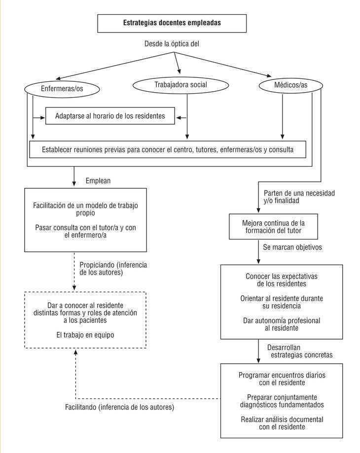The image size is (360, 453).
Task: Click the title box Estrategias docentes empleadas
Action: pos(172,23)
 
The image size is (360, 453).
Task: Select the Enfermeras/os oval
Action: pos(62,89)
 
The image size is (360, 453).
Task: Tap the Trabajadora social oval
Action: pos(180,85)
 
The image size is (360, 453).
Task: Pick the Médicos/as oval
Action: pos(291,85)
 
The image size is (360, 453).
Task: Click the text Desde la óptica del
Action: pos(172,44)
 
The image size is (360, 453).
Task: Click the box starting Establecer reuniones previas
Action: pos(167,150)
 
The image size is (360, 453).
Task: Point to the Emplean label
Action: pos(98,181)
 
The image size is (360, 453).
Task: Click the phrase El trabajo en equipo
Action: pos(85,335)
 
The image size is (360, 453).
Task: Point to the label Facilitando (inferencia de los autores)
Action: pos(119,408)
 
